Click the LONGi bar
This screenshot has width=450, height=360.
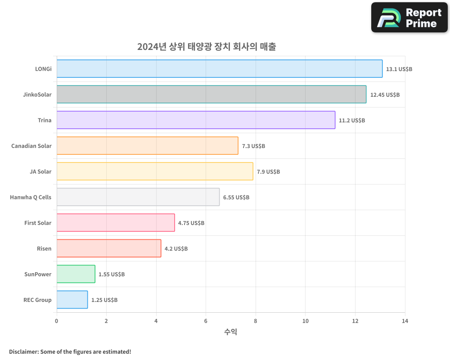pyautogui.click(x=220, y=69)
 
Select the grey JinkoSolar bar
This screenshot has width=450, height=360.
pyautogui.click(x=211, y=94)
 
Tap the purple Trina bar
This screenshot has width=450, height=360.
pyautogui.click(x=196, y=120)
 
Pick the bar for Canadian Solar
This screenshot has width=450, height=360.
pyautogui.click(x=147, y=146)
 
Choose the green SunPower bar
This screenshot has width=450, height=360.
pyautogui.click(x=76, y=274)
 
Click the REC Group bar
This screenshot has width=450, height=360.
pyautogui.click(x=72, y=300)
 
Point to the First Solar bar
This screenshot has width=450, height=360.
pyautogui.click(x=116, y=223)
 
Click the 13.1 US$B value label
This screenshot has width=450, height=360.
pyautogui.click(x=399, y=69)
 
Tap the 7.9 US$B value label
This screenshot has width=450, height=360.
pyautogui.click(x=268, y=172)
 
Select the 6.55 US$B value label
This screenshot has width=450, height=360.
pyautogui.click(x=236, y=198)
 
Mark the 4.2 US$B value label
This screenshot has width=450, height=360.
pyautogui.click(x=176, y=249)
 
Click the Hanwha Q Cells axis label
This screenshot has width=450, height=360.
pyautogui.click(x=31, y=197)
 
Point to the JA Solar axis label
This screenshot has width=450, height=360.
pyautogui.click(x=40, y=171)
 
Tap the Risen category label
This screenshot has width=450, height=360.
pyautogui.click(x=44, y=248)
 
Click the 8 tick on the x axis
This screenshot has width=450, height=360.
pyautogui.click(x=256, y=321)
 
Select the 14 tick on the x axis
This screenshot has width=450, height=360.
pyautogui.click(x=405, y=321)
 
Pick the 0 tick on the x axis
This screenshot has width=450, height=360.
pyautogui.click(x=57, y=321)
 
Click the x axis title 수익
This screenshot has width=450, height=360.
pyautogui.click(x=230, y=332)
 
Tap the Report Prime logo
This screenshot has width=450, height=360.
pyautogui.click(x=409, y=18)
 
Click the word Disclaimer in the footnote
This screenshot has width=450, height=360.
pyautogui.click(x=23, y=351)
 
